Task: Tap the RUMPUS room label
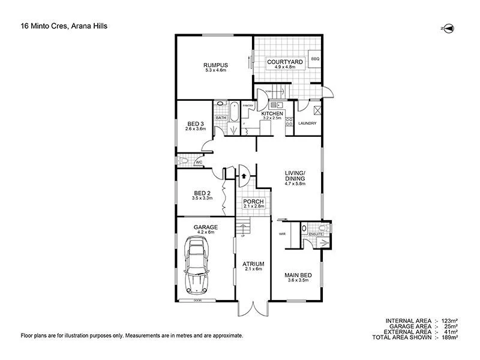[x=213, y=66]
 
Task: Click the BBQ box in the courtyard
[x=315, y=59]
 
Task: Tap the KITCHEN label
[x=272, y=113]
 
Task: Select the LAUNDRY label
[x=307, y=124]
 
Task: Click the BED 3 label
[x=196, y=124]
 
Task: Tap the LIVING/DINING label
[x=295, y=176]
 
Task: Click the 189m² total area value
[x=450, y=338]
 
